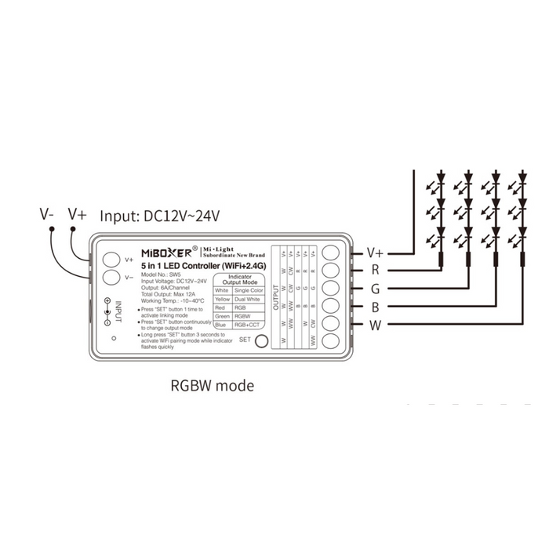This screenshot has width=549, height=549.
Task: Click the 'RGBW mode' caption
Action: point(212,386)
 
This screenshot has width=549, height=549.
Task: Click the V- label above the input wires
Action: point(48,213)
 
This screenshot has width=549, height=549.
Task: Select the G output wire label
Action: point(376,289)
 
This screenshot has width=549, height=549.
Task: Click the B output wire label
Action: point(376,307)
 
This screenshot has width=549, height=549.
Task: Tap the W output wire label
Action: point(376,325)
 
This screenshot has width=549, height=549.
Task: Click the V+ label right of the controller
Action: point(376,253)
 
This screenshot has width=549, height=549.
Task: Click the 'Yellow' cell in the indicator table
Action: point(222,299)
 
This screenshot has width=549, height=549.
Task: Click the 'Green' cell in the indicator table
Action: point(222,316)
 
